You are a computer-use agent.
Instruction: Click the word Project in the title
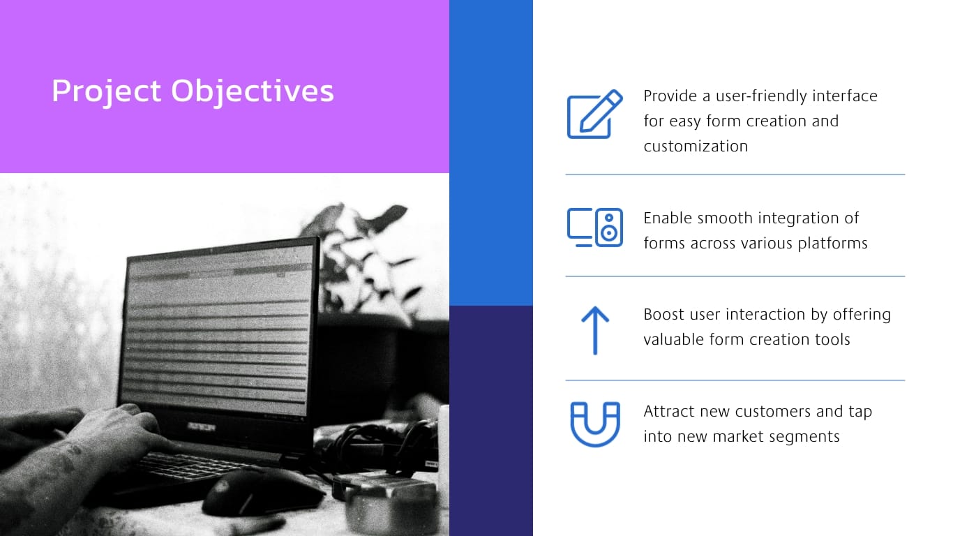tap(106, 91)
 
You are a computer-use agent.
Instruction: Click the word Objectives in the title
tap(253, 91)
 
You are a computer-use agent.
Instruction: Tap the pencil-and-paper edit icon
tap(594, 114)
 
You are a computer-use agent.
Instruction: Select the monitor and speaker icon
tap(594, 228)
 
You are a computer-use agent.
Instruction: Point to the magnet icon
tap(595, 424)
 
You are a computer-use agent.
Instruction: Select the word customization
tap(696, 146)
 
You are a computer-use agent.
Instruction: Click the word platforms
tap(832, 243)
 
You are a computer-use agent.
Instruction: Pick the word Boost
tap(663, 314)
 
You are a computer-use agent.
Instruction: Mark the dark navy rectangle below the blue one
tap(490, 419)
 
